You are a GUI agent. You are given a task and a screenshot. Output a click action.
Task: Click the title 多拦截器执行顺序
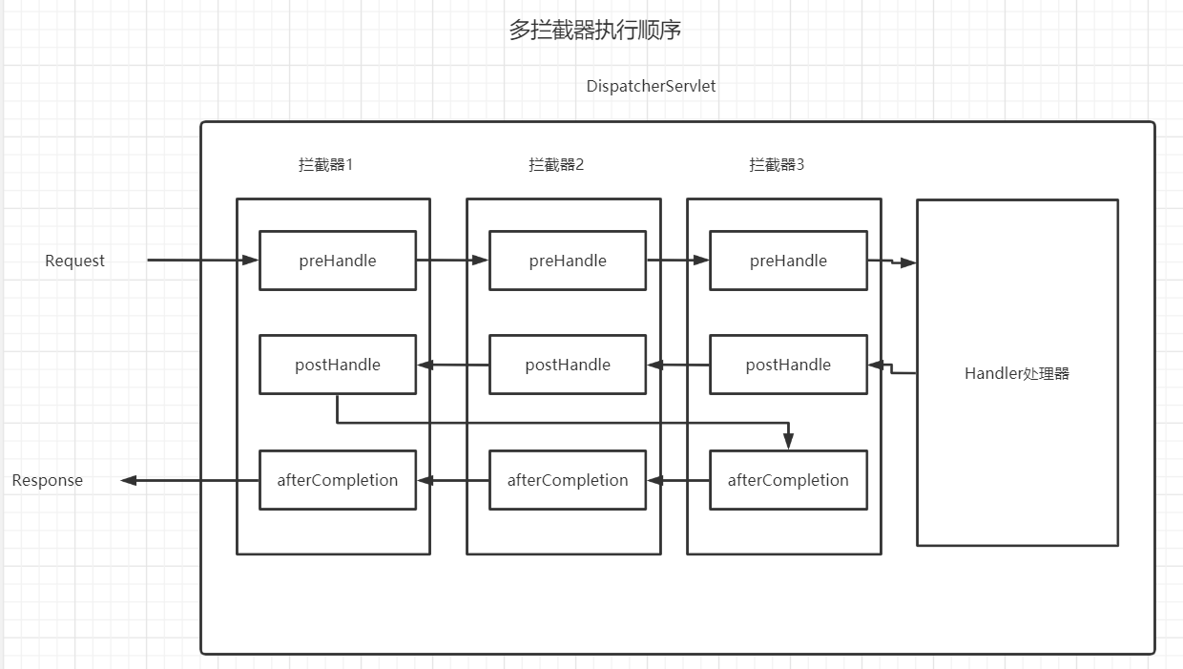coord(594,31)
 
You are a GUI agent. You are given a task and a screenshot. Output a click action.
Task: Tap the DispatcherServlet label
coord(651,86)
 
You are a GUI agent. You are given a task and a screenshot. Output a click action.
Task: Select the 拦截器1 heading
coord(325,164)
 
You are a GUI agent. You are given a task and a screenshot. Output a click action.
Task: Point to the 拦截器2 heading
coord(556,164)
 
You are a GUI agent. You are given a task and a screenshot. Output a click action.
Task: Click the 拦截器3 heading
coord(777,164)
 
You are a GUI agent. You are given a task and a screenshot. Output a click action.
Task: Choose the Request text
coord(74,261)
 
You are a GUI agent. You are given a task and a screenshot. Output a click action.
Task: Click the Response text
coord(47,480)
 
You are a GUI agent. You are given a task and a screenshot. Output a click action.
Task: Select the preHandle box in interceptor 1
coord(338,261)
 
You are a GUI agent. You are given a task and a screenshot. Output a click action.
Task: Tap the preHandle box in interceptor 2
coord(568,261)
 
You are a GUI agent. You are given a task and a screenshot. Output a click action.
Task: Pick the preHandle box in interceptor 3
coord(788,261)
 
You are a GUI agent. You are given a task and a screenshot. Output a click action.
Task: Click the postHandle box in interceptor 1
coord(338,365)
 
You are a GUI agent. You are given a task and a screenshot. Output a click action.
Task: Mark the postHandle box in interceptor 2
coord(568,365)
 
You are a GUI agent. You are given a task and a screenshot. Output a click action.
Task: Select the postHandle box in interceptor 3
coord(788,365)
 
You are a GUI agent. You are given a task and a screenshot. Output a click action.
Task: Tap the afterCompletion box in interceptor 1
coord(338,480)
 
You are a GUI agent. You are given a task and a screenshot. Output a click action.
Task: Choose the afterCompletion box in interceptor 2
coord(568,480)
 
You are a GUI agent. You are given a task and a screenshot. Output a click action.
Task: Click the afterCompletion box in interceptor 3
coord(788,480)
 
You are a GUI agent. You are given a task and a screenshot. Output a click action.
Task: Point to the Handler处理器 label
coord(1017,373)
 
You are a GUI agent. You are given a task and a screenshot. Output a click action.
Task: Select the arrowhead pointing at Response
coord(130,480)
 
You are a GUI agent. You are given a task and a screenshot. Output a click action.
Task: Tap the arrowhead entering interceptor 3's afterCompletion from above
coord(788,442)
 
